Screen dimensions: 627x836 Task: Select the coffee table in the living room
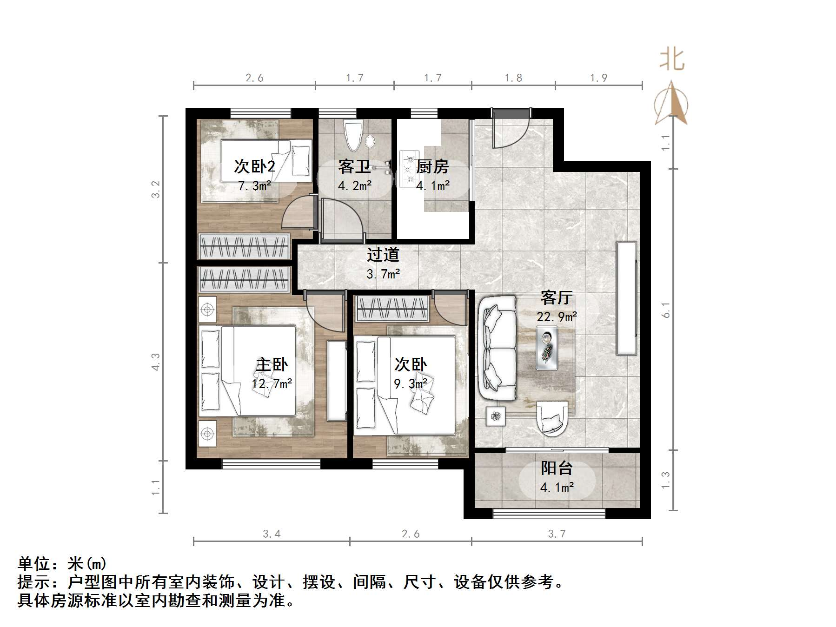point(547,348)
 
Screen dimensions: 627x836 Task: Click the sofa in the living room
point(497,348)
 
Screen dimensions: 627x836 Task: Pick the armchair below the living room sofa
point(552,418)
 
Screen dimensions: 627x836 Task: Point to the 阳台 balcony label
point(557,468)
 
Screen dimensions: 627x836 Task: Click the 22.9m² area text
point(557,317)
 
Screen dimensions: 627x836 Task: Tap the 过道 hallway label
point(383,255)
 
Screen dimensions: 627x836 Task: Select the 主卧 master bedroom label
point(272,364)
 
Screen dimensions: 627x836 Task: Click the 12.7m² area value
point(272,384)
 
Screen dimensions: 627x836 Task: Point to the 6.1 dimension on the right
point(666,310)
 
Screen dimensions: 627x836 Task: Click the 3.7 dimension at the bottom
point(557,534)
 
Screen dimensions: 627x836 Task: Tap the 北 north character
point(672,60)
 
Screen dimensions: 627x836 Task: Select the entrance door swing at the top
point(511,129)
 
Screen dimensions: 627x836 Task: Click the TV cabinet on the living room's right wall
point(626,298)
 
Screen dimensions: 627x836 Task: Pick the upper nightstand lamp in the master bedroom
point(207,309)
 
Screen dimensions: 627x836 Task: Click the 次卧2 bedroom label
point(254,166)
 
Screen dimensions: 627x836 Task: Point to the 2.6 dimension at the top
point(254,78)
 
